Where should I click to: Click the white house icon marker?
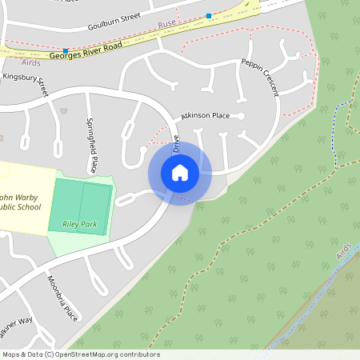coord(180,173)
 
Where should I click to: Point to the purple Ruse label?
coord(166,24)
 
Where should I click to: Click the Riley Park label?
coord(78,225)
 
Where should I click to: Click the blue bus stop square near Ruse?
coord(209,16)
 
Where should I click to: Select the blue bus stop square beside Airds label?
coord(66,50)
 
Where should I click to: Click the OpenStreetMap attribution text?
coord(81,354)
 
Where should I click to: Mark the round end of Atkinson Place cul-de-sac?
coord(241,117)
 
